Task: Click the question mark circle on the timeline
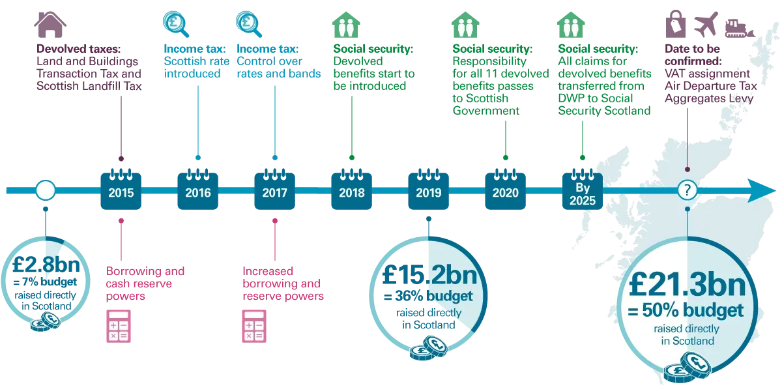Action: pos(687,190)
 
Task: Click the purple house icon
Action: pos(50,25)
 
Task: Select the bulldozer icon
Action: pos(740,28)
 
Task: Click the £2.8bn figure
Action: pos(46,265)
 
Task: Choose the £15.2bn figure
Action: pos(429,275)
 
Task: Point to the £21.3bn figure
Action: pos(687,285)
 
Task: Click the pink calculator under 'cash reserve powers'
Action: pos(119,326)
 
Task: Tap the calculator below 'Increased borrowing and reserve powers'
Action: pos(254,326)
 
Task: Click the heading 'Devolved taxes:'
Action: pos(79,49)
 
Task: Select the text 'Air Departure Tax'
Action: pos(711,86)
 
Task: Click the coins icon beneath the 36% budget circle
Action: pos(429,348)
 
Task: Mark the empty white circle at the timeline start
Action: pos(46,190)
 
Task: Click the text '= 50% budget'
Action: pos(686,310)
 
